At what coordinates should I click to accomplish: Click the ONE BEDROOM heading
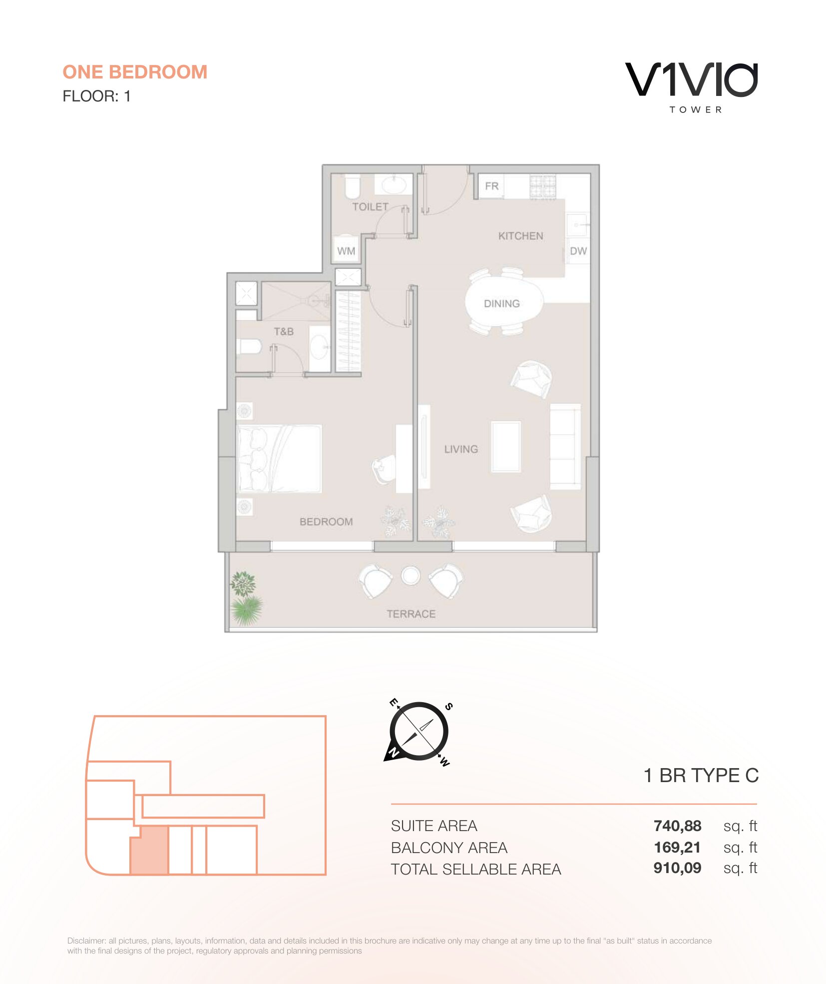coord(135,72)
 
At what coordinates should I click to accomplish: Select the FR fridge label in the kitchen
coord(492,186)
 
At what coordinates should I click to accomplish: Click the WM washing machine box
coord(346,250)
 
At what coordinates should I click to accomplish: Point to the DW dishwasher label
coord(578,251)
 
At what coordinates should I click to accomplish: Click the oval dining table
coord(503,303)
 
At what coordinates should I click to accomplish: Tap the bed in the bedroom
coord(280,459)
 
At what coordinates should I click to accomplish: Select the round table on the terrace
coord(411,576)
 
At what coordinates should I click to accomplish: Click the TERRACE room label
coord(411,614)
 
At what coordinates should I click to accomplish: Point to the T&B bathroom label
coord(284,331)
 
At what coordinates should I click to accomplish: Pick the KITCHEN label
coord(521,236)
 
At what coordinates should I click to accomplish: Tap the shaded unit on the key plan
coord(149,850)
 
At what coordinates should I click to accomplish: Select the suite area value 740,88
coord(677,826)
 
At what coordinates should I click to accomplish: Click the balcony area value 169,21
coord(677,848)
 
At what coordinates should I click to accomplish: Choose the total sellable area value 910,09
coord(677,868)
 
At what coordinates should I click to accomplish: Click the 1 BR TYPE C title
coord(701,776)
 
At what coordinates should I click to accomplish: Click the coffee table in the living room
coord(506,446)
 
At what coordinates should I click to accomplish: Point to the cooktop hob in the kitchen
coord(543,187)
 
